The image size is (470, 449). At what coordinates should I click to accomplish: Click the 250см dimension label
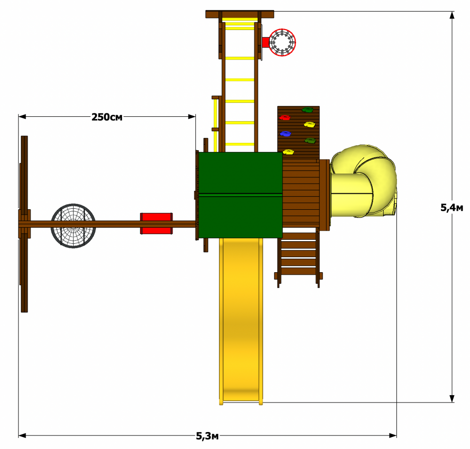[x=107, y=117]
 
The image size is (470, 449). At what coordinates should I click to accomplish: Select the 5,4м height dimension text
[x=452, y=207]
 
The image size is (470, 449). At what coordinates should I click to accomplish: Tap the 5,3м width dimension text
[x=207, y=436]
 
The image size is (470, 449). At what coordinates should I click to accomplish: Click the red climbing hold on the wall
[x=285, y=117]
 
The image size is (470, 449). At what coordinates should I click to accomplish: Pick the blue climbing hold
[x=285, y=133]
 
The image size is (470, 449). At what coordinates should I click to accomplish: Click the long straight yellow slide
[x=241, y=321]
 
